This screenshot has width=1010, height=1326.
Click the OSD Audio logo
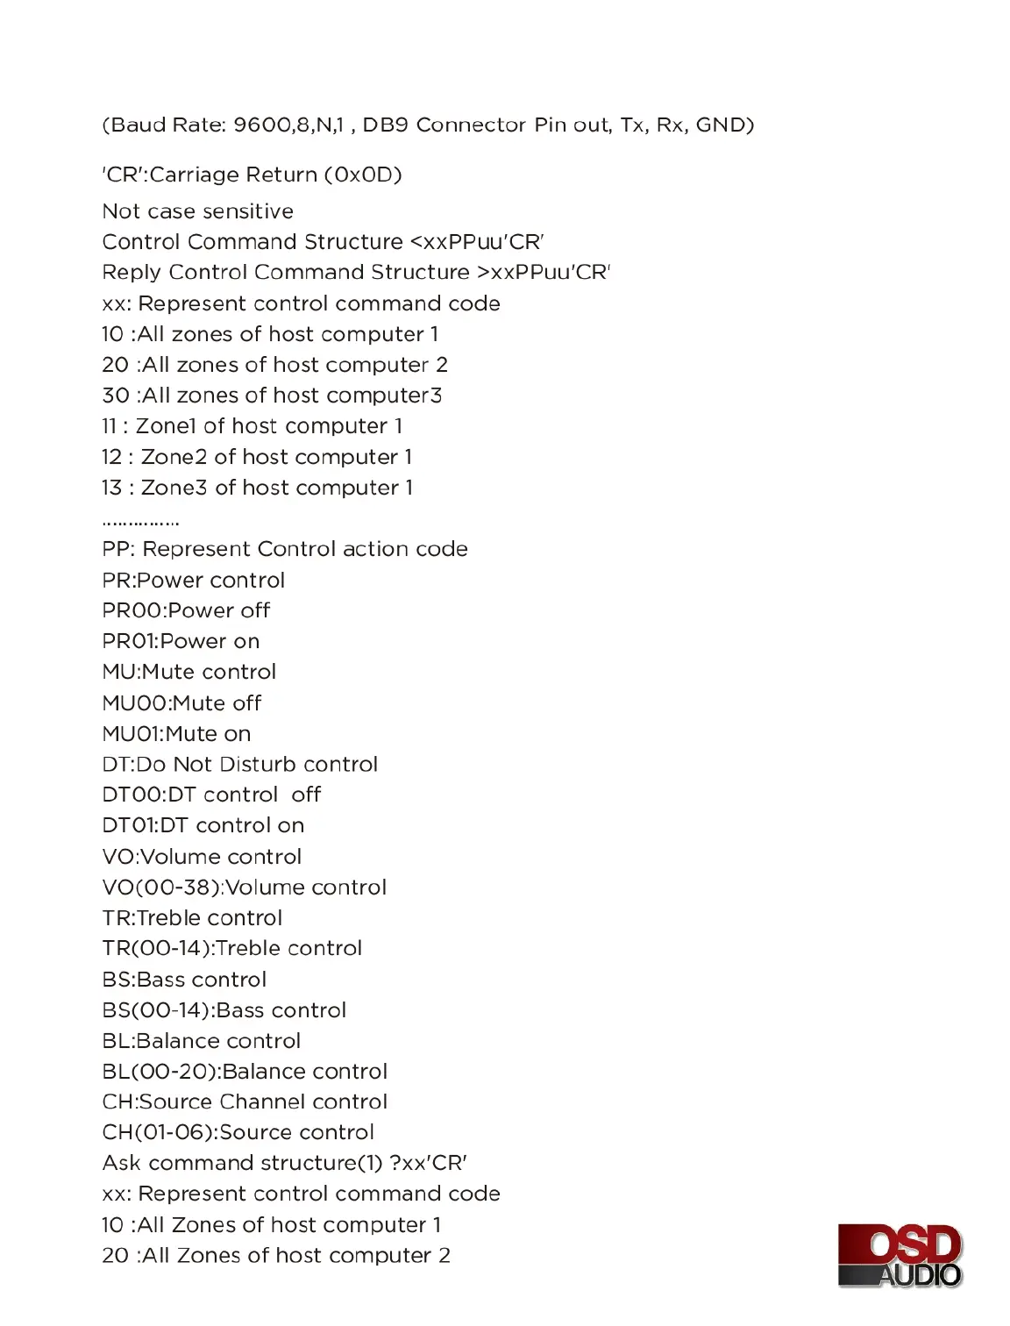(x=900, y=1255)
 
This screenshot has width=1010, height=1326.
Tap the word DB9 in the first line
(x=382, y=125)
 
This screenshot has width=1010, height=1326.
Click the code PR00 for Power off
(x=132, y=610)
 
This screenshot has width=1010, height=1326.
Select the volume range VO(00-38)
(x=160, y=888)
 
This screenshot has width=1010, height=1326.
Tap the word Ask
(x=121, y=1163)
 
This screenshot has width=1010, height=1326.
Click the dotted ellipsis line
(x=140, y=524)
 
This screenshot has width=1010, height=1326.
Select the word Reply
(x=132, y=273)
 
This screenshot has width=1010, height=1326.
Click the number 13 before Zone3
(x=111, y=488)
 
